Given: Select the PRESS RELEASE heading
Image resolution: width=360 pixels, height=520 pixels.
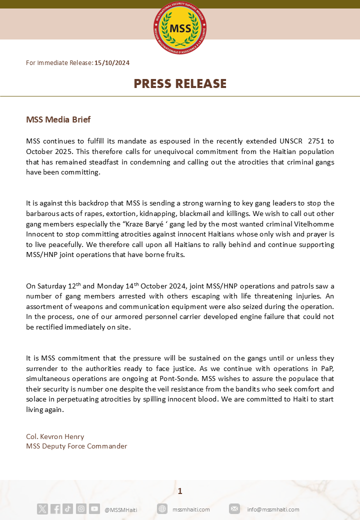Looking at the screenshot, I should tap(180, 84).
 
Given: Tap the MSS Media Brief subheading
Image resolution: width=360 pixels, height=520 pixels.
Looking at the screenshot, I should tap(58, 120).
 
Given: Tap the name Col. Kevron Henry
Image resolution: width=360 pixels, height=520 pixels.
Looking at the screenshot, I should tap(55, 436).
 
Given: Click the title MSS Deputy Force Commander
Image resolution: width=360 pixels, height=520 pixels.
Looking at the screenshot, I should tap(76, 446).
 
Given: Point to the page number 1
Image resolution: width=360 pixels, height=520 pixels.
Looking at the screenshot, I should tap(180, 491).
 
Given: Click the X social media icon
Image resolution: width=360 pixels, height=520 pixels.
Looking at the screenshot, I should tap(42, 509).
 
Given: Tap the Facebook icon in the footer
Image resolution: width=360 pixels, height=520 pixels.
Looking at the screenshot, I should tap(55, 509).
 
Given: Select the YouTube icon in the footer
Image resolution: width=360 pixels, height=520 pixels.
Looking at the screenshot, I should tap(94, 509).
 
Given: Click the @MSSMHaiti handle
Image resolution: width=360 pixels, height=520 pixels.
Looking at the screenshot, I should tap(120, 509).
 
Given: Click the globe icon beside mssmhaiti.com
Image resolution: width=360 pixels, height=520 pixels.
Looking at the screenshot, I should tap(162, 509).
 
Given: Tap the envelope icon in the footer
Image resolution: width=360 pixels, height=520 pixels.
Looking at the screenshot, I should tap(234, 509).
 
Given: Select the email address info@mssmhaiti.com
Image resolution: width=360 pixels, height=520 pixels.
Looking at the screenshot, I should tap(273, 509).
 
